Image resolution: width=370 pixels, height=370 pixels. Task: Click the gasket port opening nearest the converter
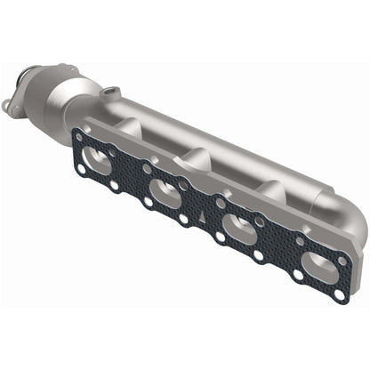98,163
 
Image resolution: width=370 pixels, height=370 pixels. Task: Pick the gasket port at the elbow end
317,264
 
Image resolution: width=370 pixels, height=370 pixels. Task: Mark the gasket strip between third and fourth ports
277,245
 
